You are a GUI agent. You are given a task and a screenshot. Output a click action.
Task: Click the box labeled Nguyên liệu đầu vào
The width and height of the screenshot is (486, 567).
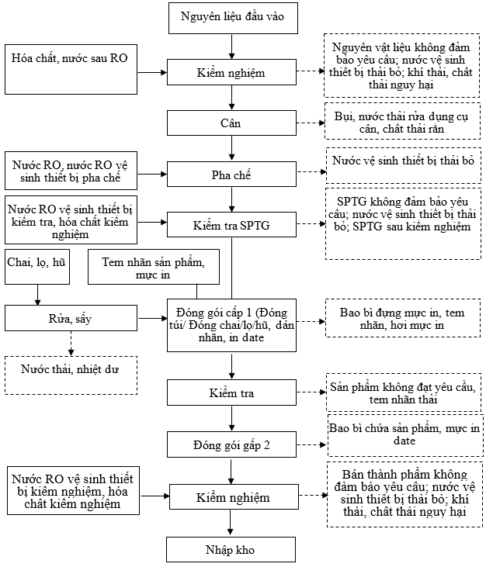pyautogui.click(x=233, y=18)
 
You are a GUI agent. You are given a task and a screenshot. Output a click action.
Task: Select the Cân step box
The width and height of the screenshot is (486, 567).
pyautogui.click(x=231, y=123)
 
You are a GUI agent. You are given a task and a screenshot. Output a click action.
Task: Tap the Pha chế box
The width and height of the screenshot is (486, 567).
pyautogui.click(x=231, y=175)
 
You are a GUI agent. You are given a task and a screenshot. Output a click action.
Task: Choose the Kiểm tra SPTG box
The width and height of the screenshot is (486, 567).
pyautogui.click(x=231, y=225)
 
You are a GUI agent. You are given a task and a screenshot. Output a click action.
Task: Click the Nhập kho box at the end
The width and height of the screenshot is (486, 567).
pyautogui.click(x=231, y=549)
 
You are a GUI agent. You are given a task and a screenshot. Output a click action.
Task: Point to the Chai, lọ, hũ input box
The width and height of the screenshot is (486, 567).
pyautogui.click(x=37, y=267)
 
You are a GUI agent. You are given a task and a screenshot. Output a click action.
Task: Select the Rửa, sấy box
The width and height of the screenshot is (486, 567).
pyautogui.click(x=71, y=318)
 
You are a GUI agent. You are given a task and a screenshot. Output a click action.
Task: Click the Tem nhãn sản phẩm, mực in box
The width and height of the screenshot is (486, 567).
pyautogui.click(x=154, y=267)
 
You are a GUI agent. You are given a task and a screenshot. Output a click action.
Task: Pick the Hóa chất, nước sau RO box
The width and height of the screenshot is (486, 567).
pyautogui.click(x=71, y=70)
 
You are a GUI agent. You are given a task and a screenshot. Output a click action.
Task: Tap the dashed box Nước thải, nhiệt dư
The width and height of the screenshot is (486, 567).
pyautogui.click(x=71, y=375)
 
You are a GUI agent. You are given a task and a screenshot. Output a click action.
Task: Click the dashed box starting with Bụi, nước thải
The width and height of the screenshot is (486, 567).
pyautogui.click(x=402, y=121)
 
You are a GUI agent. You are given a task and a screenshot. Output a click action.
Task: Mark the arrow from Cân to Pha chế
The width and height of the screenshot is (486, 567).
pyautogui.click(x=231, y=148)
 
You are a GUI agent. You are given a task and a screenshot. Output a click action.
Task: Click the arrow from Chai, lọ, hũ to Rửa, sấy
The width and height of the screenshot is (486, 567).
pyautogui.click(x=37, y=295)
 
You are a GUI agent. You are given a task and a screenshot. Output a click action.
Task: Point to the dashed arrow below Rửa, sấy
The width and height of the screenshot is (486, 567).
pyautogui.click(x=71, y=343)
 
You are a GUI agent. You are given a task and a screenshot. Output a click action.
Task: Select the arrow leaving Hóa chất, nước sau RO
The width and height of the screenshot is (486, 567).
pyautogui.click(x=152, y=72)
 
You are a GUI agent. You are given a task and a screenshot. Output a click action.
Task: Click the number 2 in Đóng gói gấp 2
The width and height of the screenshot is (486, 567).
pyautogui.click(x=267, y=444)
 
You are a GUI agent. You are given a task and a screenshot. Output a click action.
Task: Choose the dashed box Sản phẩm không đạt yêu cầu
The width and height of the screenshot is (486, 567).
pyautogui.click(x=404, y=392)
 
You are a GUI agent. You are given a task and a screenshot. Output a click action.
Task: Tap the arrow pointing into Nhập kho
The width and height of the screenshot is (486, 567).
pyautogui.click(x=230, y=523)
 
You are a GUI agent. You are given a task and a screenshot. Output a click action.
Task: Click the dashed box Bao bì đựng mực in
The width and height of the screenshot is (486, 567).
pyautogui.click(x=403, y=318)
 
